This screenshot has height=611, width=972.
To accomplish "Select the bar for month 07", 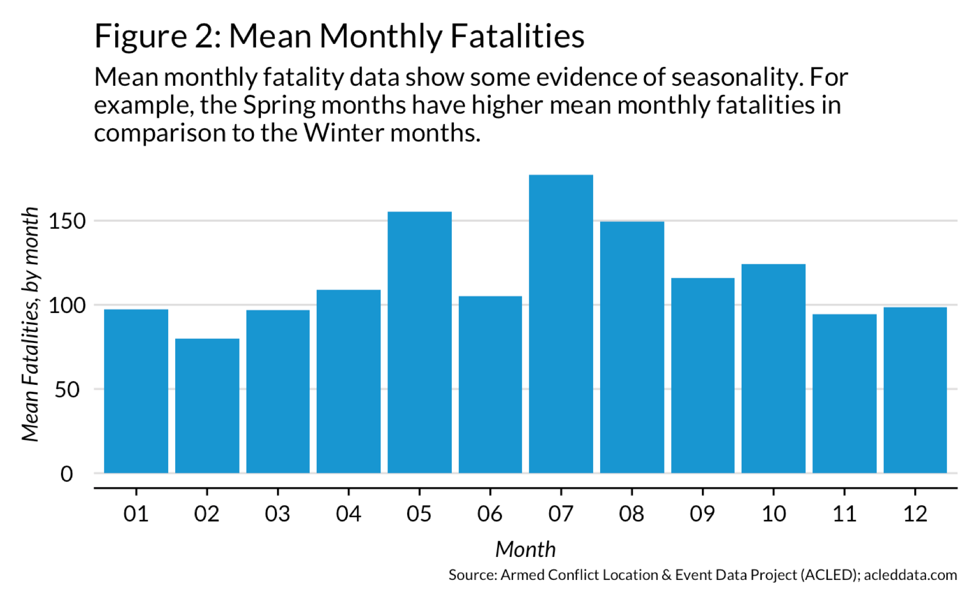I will (x=560, y=324).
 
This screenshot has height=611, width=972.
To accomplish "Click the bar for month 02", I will (x=207, y=406).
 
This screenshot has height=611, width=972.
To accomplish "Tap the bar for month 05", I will (x=419, y=342).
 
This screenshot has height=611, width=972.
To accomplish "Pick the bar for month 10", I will (x=773, y=369).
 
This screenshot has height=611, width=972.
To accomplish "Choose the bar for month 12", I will (x=915, y=390).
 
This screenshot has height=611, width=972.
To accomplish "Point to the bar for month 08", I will (x=632, y=347).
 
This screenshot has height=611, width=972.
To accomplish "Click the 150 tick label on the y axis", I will (x=67, y=221).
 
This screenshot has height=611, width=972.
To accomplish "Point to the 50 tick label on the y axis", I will (x=67, y=390).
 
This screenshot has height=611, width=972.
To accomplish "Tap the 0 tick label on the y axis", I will (x=67, y=474).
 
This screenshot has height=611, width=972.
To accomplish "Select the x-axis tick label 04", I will (x=348, y=514).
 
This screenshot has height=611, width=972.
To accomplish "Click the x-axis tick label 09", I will (x=702, y=514).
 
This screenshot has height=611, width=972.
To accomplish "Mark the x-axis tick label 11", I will (x=844, y=514).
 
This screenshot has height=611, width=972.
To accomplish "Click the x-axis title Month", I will (x=525, y=549).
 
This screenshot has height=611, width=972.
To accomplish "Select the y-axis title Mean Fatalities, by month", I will (x=31, y=324).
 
